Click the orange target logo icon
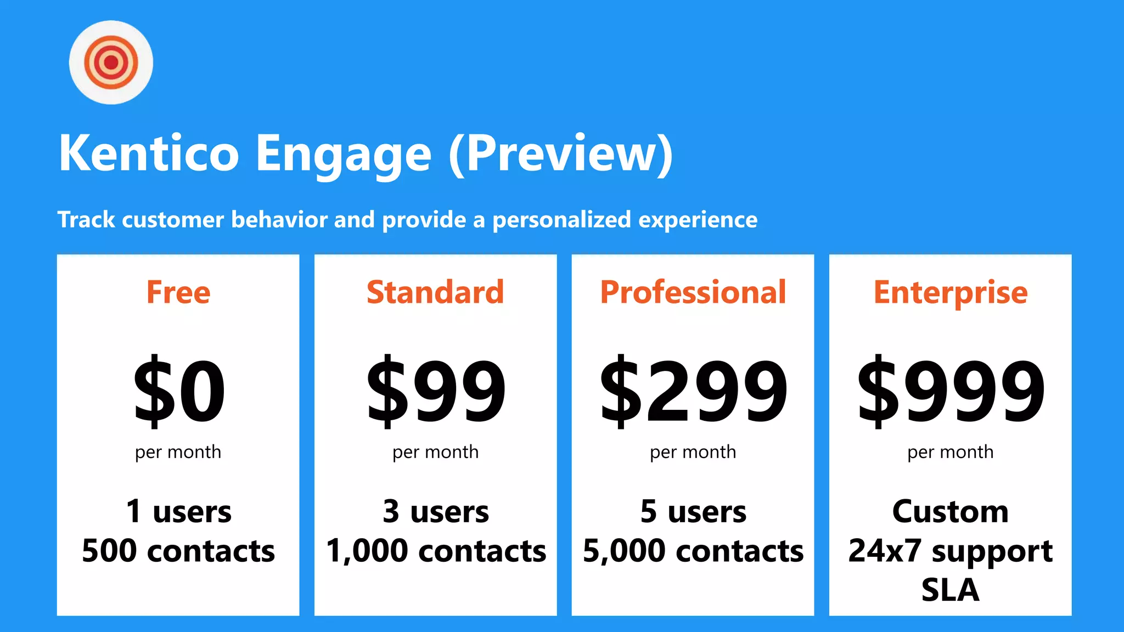(x=111, y=62)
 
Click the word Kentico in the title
(x=149, y=154)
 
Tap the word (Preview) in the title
(x=560, y=154)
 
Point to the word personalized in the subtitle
(x=561, y=220)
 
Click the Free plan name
(x=178, y=292)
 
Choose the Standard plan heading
(x=435, y=292)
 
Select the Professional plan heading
(x=693, y=292)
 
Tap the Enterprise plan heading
(x=950, y=293)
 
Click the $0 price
(x=179, y=391)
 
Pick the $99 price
(x=436, y=391)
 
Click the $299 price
(x=693, y=391)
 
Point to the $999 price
(x=951, y=391)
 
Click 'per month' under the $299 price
(x=693, y=453)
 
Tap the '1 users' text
(x=178, y=511)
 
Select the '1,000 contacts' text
(x=436, y=551)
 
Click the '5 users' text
(x=693, y=511)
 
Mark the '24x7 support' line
(x=950, y=551)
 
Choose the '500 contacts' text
(x=178, y=551)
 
